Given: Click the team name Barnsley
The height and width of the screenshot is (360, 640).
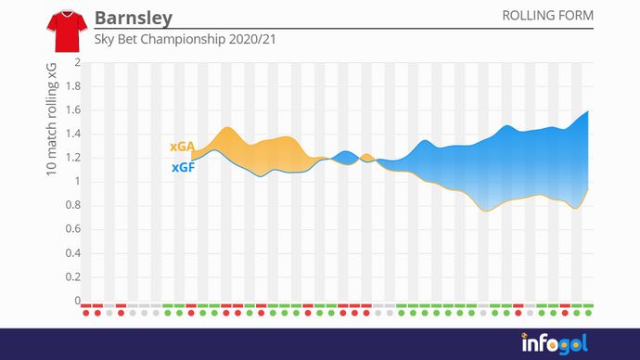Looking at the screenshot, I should pyautogui.click(x=133, y=19).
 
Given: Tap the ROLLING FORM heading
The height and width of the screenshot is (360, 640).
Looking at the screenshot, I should pyautogui.click(x=547, y=17).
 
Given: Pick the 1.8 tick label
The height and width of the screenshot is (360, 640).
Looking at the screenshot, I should pyautogui.click(x=72, y=87).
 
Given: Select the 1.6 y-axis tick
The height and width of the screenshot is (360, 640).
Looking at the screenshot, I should pyautogui.click(x=72, y=110).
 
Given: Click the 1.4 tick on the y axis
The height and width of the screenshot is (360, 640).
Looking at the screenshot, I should pyautogui.click(x=72, y=135).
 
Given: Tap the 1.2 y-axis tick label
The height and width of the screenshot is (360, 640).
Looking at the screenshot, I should pyautogui.click(x=72, y=158).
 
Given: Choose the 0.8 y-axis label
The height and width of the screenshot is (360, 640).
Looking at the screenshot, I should pyautogui.click(x=72, y=206).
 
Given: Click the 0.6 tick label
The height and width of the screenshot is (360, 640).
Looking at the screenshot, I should pyautogui.click(x=72, y=229).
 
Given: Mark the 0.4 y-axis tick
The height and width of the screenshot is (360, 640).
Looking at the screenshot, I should pyautogui.click(x=72, y=253).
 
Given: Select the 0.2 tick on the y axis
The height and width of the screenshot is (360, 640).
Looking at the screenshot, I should pyautogui.click(x=72, y=277).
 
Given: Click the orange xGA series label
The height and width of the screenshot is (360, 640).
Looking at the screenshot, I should pyautogui.click(x=182, y=148).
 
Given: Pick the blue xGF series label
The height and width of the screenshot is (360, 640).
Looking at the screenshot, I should pyautogui.click(x=182, y=168).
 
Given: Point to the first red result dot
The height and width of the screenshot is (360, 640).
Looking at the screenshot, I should pyautogui.click(x=86, y=313).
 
